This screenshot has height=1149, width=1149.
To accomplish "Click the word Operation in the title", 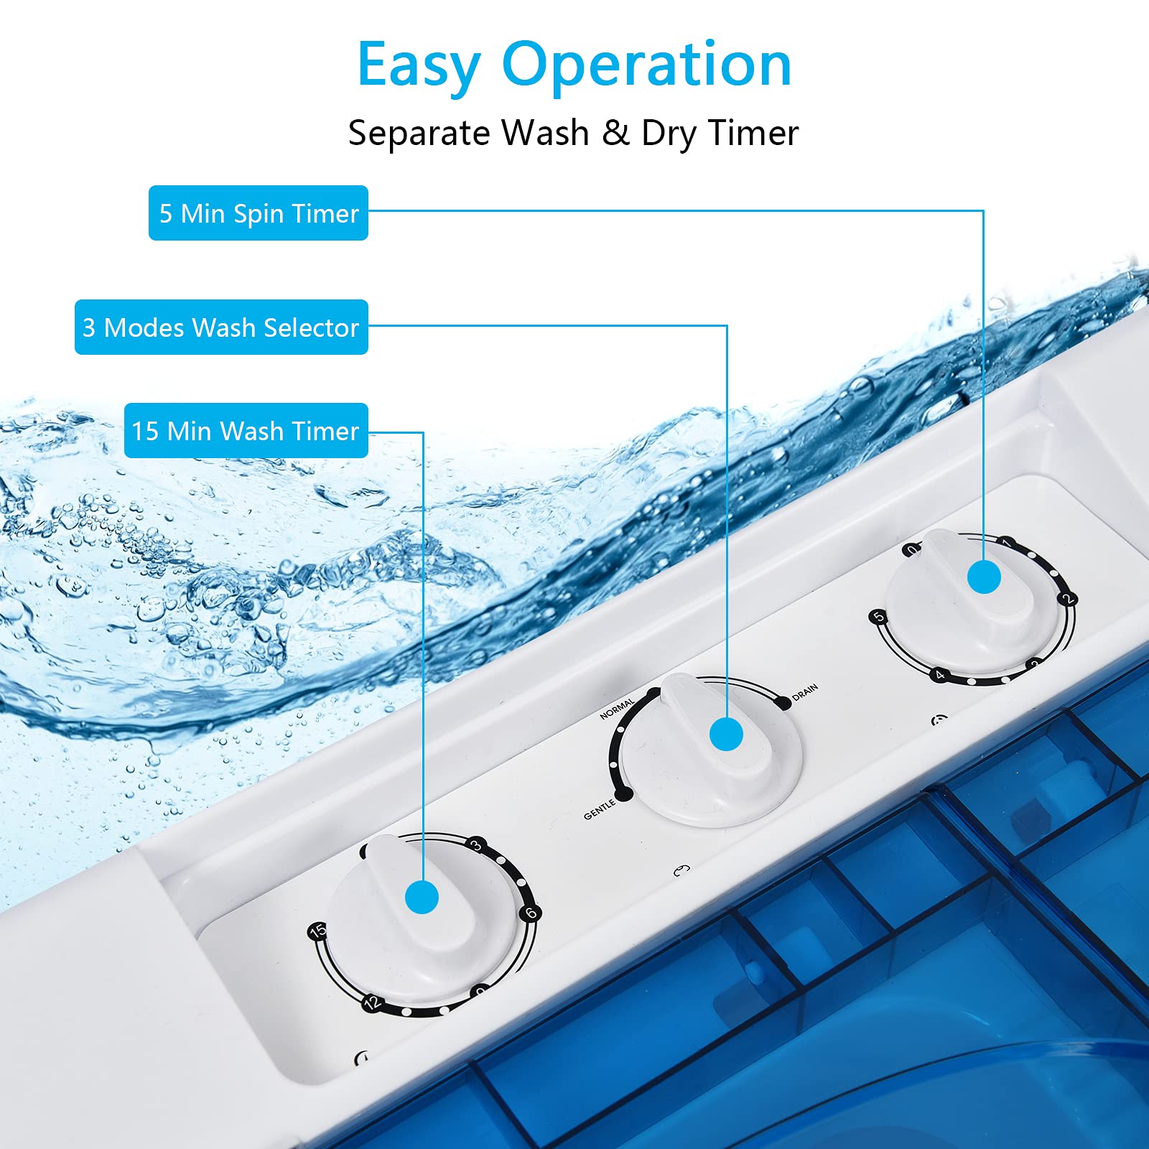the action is [646, 66].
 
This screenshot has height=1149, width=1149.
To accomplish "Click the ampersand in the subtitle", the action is [615, 133].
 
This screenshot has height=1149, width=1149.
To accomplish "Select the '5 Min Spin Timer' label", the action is [259, 213].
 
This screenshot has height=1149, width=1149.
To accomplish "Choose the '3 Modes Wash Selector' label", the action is [221, 327].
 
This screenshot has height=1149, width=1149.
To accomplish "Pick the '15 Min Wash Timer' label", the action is [246, 431].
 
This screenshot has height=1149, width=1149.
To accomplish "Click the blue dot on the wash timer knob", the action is [422, 898].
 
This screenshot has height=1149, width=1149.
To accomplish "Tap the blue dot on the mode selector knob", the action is [726, 735].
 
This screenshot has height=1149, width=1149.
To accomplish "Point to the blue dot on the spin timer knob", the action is [984, 577].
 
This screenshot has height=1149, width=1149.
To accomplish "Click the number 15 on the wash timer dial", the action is [317, 931].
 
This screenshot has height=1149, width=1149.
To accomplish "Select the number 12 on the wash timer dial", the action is [371, 1003].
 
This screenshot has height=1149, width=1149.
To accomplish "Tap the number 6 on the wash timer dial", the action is [531, 913].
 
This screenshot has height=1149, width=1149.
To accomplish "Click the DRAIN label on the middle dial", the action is [805, 692].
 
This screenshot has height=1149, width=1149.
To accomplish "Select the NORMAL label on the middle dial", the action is [618, 708].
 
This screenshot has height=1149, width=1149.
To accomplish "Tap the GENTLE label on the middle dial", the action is [600, 809].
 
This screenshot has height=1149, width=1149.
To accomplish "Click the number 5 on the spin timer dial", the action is [878, 617].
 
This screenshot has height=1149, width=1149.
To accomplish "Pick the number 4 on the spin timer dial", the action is [939, 675].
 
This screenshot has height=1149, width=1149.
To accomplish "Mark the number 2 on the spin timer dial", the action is [1068, 598].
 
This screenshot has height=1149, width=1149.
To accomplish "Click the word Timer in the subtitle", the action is [753, 133].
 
